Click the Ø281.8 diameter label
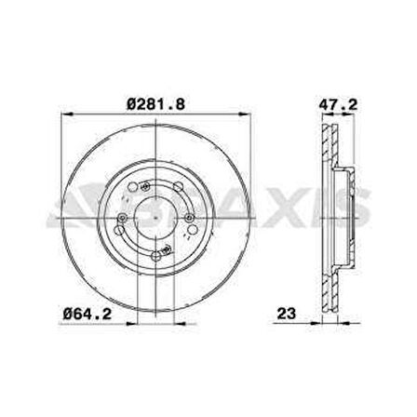click(156, 104)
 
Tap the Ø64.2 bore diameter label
click(87, 314)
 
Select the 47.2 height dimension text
click(339, 104)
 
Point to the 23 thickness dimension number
click(287, 314)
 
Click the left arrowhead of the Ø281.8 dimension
click(67, 114)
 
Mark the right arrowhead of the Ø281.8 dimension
click(245, 114)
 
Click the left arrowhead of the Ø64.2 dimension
click(131, 324)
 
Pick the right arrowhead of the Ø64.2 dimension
click(181, 324)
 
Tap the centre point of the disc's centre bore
click(155, 218)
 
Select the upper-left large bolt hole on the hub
click(132, 187)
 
